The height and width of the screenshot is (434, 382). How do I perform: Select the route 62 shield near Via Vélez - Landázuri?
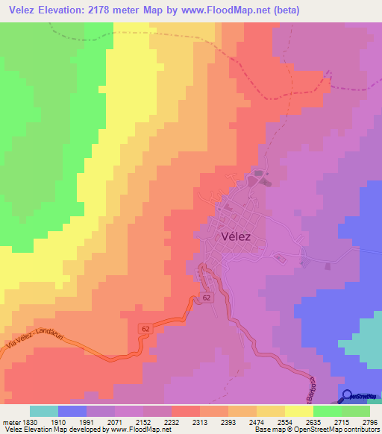point(144,329)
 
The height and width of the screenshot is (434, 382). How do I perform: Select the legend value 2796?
point(370,421)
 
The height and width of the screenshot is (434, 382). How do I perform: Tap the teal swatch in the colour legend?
point(44,411)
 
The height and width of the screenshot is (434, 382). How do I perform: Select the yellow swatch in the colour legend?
point(298,411)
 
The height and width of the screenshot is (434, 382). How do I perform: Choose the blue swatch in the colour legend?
point(72,411)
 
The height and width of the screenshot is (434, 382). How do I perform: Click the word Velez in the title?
point(25,10)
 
